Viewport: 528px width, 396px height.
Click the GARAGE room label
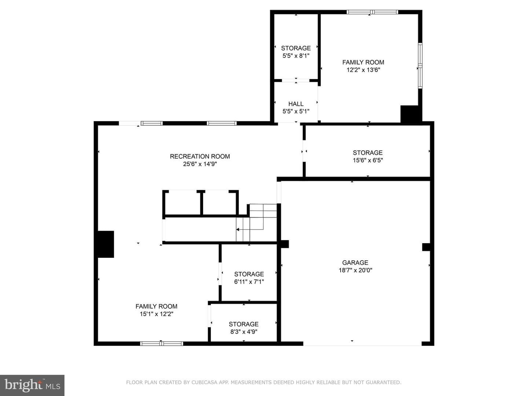click(x=355, y=263)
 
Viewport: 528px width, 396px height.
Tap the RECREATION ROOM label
click(x=200, y=157)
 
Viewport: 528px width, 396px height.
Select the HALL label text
click(x=296, y=104)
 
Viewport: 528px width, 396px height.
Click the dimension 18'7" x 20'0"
click(x=355, y=270)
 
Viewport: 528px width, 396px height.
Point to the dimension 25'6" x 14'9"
click(x=200, y=164)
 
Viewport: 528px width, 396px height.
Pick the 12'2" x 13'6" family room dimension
click(x=363, y=70)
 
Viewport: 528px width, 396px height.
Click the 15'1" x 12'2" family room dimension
click(x=156, y=314)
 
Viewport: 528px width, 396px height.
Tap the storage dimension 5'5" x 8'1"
click(x=296, y=56)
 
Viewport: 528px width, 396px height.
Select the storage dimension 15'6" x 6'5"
click(x=368, y=160)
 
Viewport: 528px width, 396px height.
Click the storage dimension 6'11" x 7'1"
click(x=249, y=282)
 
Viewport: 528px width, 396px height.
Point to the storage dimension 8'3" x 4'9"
click(x=244, y=331)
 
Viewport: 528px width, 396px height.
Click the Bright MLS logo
click(x=32, y=385)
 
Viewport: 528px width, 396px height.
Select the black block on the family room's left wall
click(x=106, y=244)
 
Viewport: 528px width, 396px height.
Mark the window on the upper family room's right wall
click(x=420, y=66)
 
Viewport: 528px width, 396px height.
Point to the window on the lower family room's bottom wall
click(x=161, y=344)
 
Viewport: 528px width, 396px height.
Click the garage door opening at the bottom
click(x=363, y=344)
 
